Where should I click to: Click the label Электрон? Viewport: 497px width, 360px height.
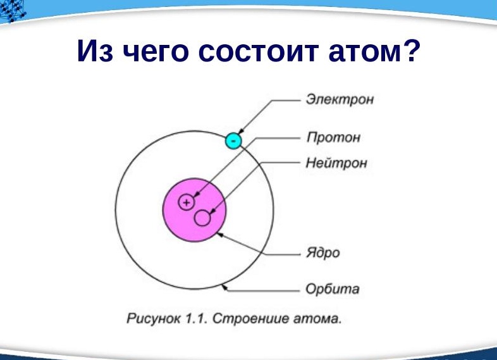point(340,100)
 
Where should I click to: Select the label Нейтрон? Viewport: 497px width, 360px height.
point(336,163)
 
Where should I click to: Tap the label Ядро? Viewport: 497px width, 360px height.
point(322,253)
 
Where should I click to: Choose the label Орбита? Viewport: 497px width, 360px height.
point(332,290)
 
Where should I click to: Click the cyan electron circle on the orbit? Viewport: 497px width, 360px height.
point(233,140)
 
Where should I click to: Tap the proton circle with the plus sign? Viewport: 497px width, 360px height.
point(187,202)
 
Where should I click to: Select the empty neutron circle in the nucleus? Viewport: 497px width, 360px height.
point(202,218)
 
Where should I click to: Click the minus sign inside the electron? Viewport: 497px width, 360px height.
point(233,140)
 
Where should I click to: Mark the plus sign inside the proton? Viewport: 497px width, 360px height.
point(187,202)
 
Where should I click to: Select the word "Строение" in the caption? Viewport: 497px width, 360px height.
point(243,318)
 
